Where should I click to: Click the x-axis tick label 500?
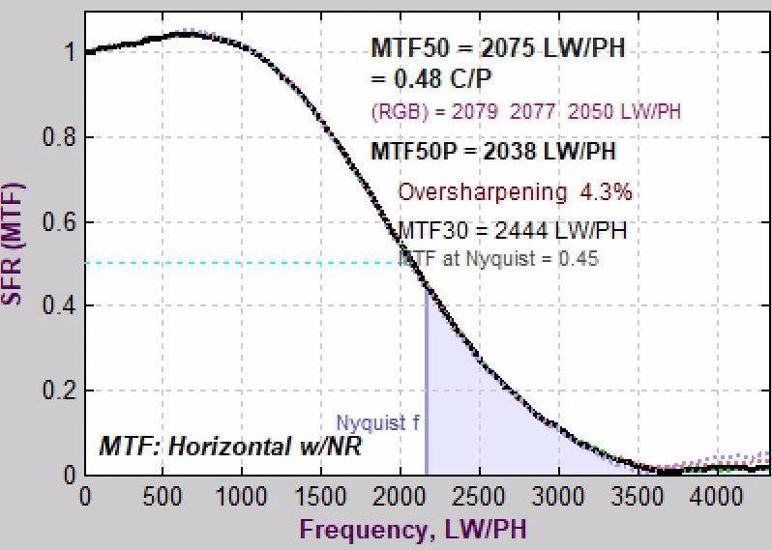pos(163,496)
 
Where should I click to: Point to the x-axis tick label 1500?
pos(321,496)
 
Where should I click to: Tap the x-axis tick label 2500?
pos(479,496)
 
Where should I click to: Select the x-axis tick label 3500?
pos(637,496)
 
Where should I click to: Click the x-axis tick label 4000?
pos(715,496)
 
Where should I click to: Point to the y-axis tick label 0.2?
pos(58,391)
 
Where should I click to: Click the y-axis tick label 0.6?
pos(58,222)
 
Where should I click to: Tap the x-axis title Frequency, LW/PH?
pos(414,530)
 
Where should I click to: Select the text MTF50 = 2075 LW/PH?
pos(498,50)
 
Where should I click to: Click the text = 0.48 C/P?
pos(435,78)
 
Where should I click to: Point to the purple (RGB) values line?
pos(525,112)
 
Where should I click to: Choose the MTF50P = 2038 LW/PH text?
pos(493,152)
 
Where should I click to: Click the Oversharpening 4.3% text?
pos(515,192)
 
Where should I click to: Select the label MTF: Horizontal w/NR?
pos(230,448)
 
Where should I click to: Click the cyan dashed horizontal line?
pos(242,262)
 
